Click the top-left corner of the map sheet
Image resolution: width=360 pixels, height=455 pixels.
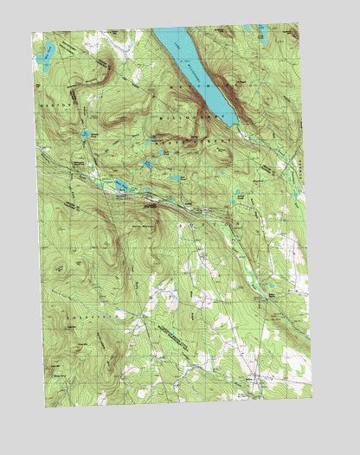tap(35, 31)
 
